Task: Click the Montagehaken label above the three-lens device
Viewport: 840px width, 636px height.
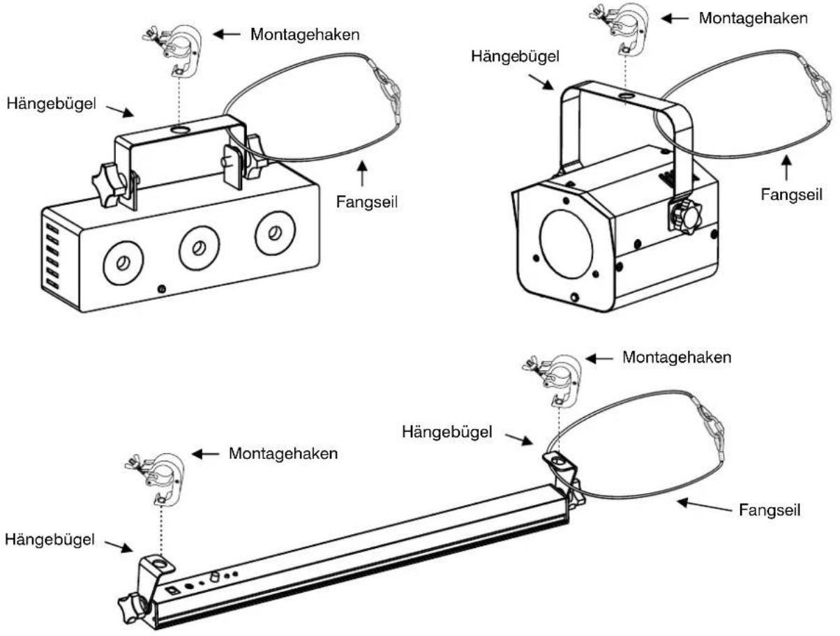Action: [x=305, y=35]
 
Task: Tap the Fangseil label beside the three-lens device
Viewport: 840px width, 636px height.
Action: [x=366, y=202]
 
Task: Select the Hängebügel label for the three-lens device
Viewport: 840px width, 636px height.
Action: [x=52, y=104]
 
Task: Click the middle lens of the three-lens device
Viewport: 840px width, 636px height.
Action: [x=199, y=248]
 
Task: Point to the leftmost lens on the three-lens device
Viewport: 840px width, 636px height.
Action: [x=123, y=263]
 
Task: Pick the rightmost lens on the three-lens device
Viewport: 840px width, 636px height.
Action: [x=275, y=232]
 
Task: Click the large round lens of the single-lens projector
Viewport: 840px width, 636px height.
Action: [x=566, y=244]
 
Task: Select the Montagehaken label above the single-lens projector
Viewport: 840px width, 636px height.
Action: [x=753, y=18]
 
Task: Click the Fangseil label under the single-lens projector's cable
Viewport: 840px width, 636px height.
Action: [x=791, y=195]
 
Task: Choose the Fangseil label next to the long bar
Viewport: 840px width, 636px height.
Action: [x=770, y=510]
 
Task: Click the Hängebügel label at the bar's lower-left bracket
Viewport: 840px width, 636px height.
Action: [x=50, y=540]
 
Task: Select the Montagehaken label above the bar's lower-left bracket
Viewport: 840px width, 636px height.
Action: [x=283, y=453]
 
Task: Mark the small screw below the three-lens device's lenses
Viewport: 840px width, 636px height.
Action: [x=162, y=289]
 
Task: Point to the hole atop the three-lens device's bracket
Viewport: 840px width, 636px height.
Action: [x=180, y=130]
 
